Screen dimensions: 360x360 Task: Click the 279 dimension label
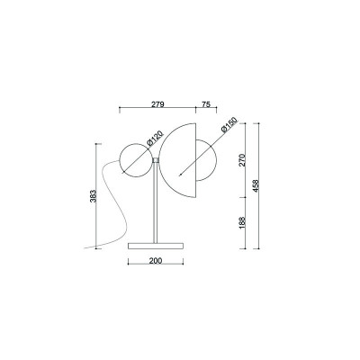[x=157, y=104]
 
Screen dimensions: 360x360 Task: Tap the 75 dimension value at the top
[x=205, y=104]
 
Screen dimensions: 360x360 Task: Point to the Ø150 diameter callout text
[x=229, y=125]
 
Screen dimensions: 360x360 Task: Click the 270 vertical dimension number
[x=242, y=160]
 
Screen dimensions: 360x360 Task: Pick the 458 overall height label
[x=256, y=186]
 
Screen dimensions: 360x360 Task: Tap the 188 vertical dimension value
[x=242, y=223]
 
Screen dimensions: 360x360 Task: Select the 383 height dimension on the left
[x=93, y=196]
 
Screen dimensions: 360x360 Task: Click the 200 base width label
[x=156, y=261]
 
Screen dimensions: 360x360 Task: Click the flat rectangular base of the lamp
[x=156, y=246]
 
